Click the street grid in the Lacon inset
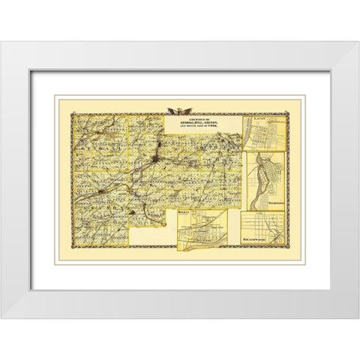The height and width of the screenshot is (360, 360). [266, 136]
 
